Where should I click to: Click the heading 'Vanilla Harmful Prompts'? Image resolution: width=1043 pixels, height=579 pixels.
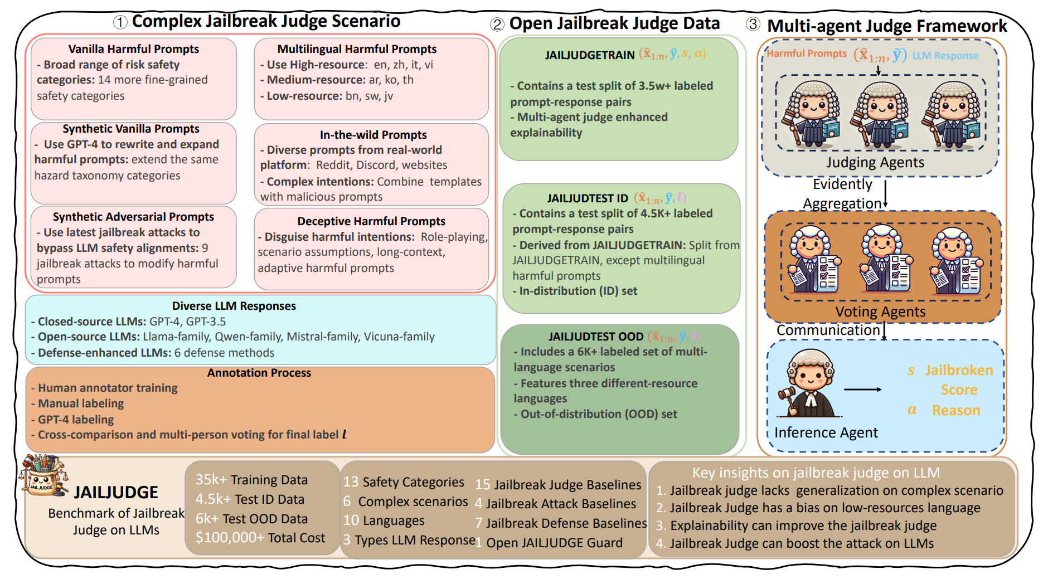[133, 49]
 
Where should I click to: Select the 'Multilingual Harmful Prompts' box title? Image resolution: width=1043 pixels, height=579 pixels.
[357, 49]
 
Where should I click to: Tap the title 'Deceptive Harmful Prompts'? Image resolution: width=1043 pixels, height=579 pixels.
[371, 221]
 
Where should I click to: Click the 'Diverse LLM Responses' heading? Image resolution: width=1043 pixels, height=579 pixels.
[234, 306]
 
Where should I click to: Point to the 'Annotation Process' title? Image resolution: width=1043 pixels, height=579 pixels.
[259, 373]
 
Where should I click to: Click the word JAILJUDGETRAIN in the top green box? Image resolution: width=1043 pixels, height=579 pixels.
[590, 55]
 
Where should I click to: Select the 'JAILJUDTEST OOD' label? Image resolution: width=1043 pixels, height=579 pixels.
[596, 337]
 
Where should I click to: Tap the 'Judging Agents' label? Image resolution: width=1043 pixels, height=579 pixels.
[875, 162]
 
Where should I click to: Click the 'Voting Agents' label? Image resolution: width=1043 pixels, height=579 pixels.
[880, 312]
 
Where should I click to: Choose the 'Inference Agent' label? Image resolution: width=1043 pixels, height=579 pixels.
[826, 432]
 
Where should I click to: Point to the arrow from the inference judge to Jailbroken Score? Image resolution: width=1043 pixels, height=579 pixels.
[862, 390]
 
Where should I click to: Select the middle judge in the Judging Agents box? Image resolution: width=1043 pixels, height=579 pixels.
[881, 115]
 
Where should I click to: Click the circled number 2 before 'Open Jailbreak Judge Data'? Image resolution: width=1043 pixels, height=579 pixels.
[497, 25]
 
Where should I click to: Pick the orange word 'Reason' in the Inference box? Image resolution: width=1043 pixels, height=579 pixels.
[956, 411]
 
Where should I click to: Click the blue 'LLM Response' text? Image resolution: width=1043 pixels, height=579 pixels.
[945, 56]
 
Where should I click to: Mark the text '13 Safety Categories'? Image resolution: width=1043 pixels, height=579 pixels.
[404, 482]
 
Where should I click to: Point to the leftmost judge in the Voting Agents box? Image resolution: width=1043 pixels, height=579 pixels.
[813, 260]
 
